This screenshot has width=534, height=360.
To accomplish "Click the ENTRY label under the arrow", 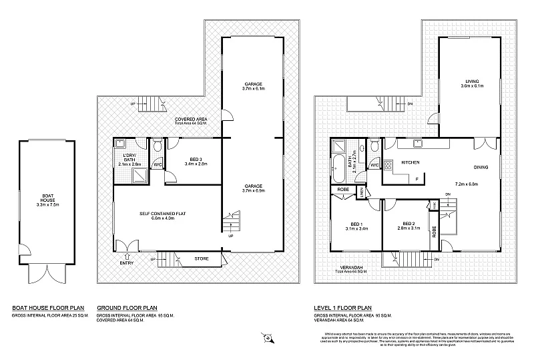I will [x=127, y=263].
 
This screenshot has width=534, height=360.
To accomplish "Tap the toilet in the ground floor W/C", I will [x=158, y=146].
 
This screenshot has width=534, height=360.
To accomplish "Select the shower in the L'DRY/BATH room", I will [x=141, y=174].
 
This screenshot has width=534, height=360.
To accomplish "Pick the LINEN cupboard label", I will [x=362, y=192].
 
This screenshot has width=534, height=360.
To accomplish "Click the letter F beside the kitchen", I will [x=416, y=179].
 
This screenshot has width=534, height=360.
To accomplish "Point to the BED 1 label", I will [x=356, y=224].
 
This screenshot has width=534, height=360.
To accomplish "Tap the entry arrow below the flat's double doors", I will [x=127, y=255].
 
